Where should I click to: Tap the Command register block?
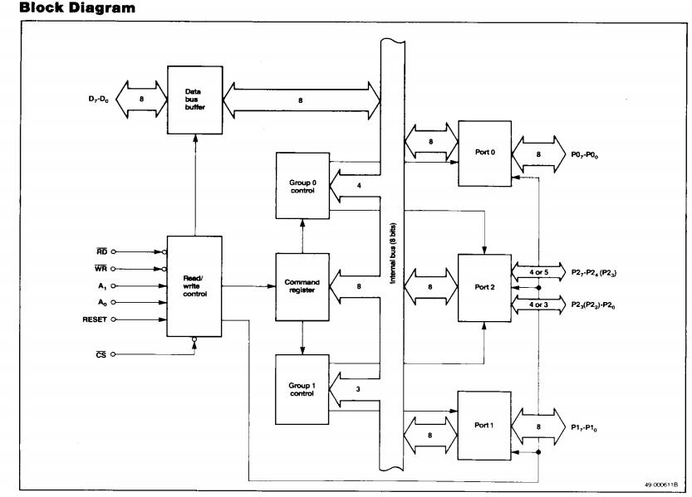(x=302, y=286)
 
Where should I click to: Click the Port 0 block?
(x=486, y=153)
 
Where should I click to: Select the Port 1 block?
(x=486, y=426)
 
